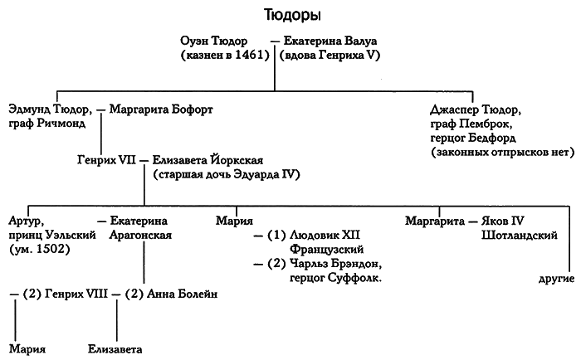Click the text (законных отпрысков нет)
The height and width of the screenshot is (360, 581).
tap(492, 153)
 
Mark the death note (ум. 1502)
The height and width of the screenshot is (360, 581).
tap(39, 250)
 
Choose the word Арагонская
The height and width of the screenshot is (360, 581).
tap(141, 236)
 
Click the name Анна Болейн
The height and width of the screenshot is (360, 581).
tap(185, 294)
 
